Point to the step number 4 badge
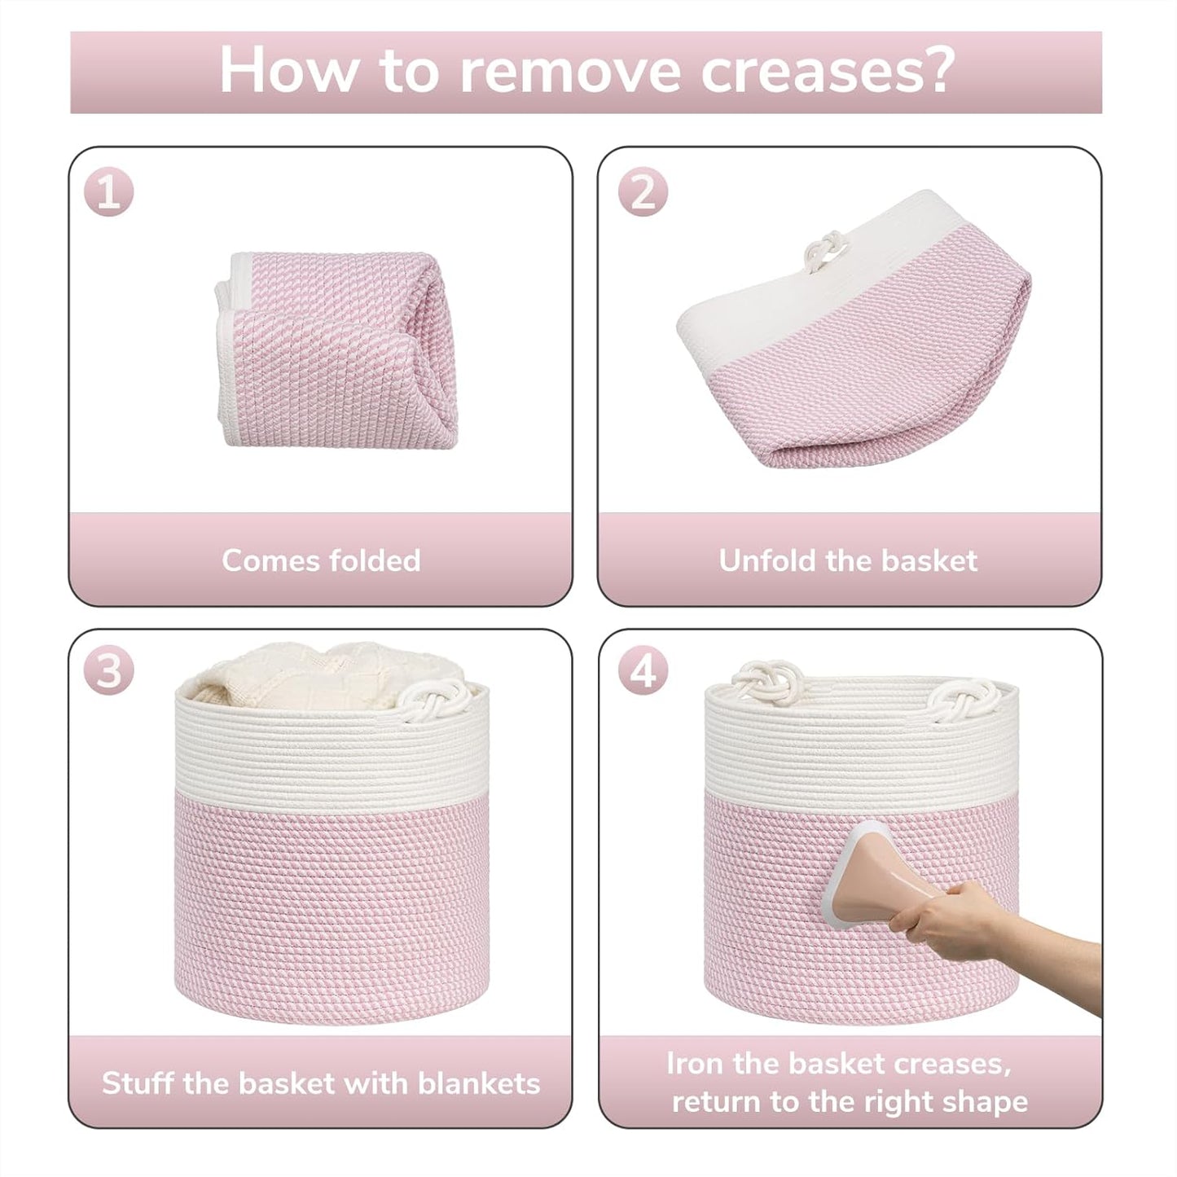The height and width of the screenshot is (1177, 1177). pos(643,673)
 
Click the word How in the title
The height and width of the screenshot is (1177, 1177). pos(288,72)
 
